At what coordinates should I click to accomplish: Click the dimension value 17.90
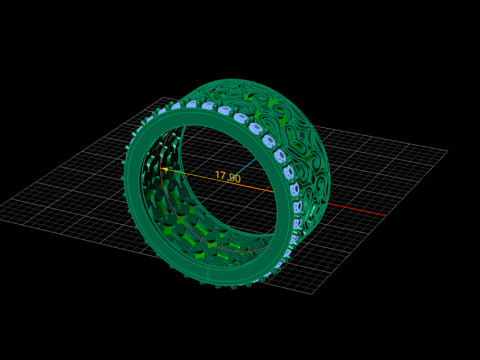coord(228,177)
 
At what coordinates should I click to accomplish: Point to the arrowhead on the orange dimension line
coord(165,170)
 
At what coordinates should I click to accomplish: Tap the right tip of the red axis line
coord(386,215)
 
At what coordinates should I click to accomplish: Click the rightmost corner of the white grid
coord(447,151)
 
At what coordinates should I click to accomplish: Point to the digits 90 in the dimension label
coord(235,178)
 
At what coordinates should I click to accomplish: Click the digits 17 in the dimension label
coord(220,176)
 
